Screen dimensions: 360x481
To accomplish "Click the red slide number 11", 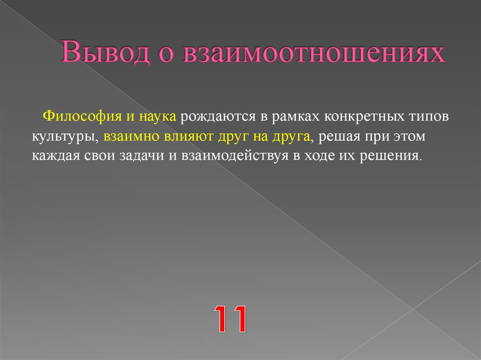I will point(231,318).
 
